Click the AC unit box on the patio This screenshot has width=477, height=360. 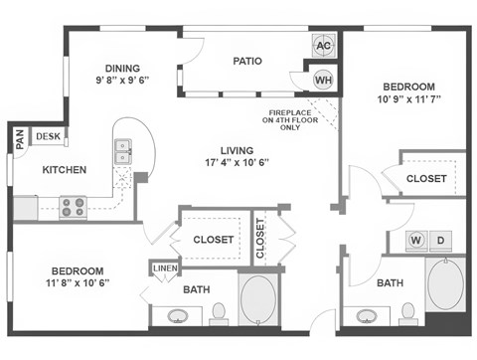tap(324, 45)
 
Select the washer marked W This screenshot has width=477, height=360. tap(415, 241)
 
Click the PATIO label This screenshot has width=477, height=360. tap(247, 61)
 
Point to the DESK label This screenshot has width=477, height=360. tap(47, 136)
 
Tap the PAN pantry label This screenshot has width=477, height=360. tap(19, 140)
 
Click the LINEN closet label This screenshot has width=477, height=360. tap(164, 268)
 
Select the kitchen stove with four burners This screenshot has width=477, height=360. tap(73, 207)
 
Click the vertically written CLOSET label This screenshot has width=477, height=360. tap(261, 239)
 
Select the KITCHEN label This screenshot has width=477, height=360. tap(64, 170)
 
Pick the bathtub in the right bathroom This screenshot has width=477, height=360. tap(447, 285)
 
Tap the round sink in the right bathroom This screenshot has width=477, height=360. tap(368, 316)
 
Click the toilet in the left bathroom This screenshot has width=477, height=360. tap(220, 313)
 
